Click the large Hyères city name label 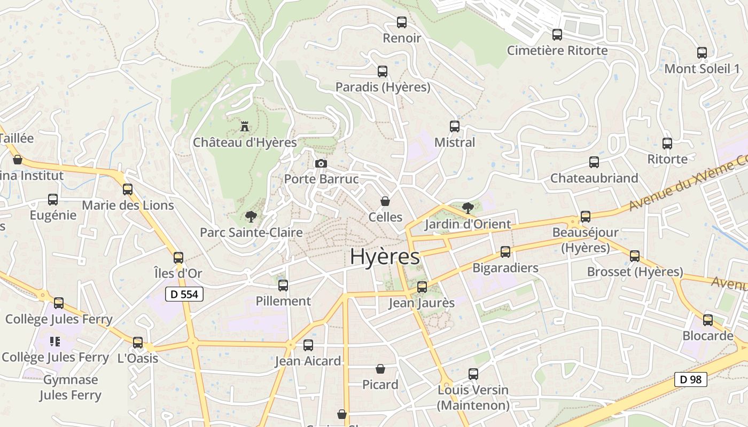coord(385,257)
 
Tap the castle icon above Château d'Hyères coord(245,126)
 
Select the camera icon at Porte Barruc coord(321,163)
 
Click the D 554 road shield coord(184,294)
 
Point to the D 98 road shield coord(690,379)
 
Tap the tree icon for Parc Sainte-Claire coord(251,217)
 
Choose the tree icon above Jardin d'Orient coord(467,208)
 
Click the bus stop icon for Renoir coord(402,22)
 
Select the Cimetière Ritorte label coord(557,51)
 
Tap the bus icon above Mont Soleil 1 coord(702,53)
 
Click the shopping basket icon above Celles coord(385,201)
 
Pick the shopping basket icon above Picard coord(380,369)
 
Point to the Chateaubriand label coord(594,178)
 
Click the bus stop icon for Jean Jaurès coord(422,287)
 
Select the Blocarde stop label coord(708,336)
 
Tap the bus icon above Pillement coord(283,286)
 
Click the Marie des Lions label coord(128,205)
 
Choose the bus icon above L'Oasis coord(138,343)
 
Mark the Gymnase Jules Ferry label coord(71,388)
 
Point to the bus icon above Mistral coord(455,126)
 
